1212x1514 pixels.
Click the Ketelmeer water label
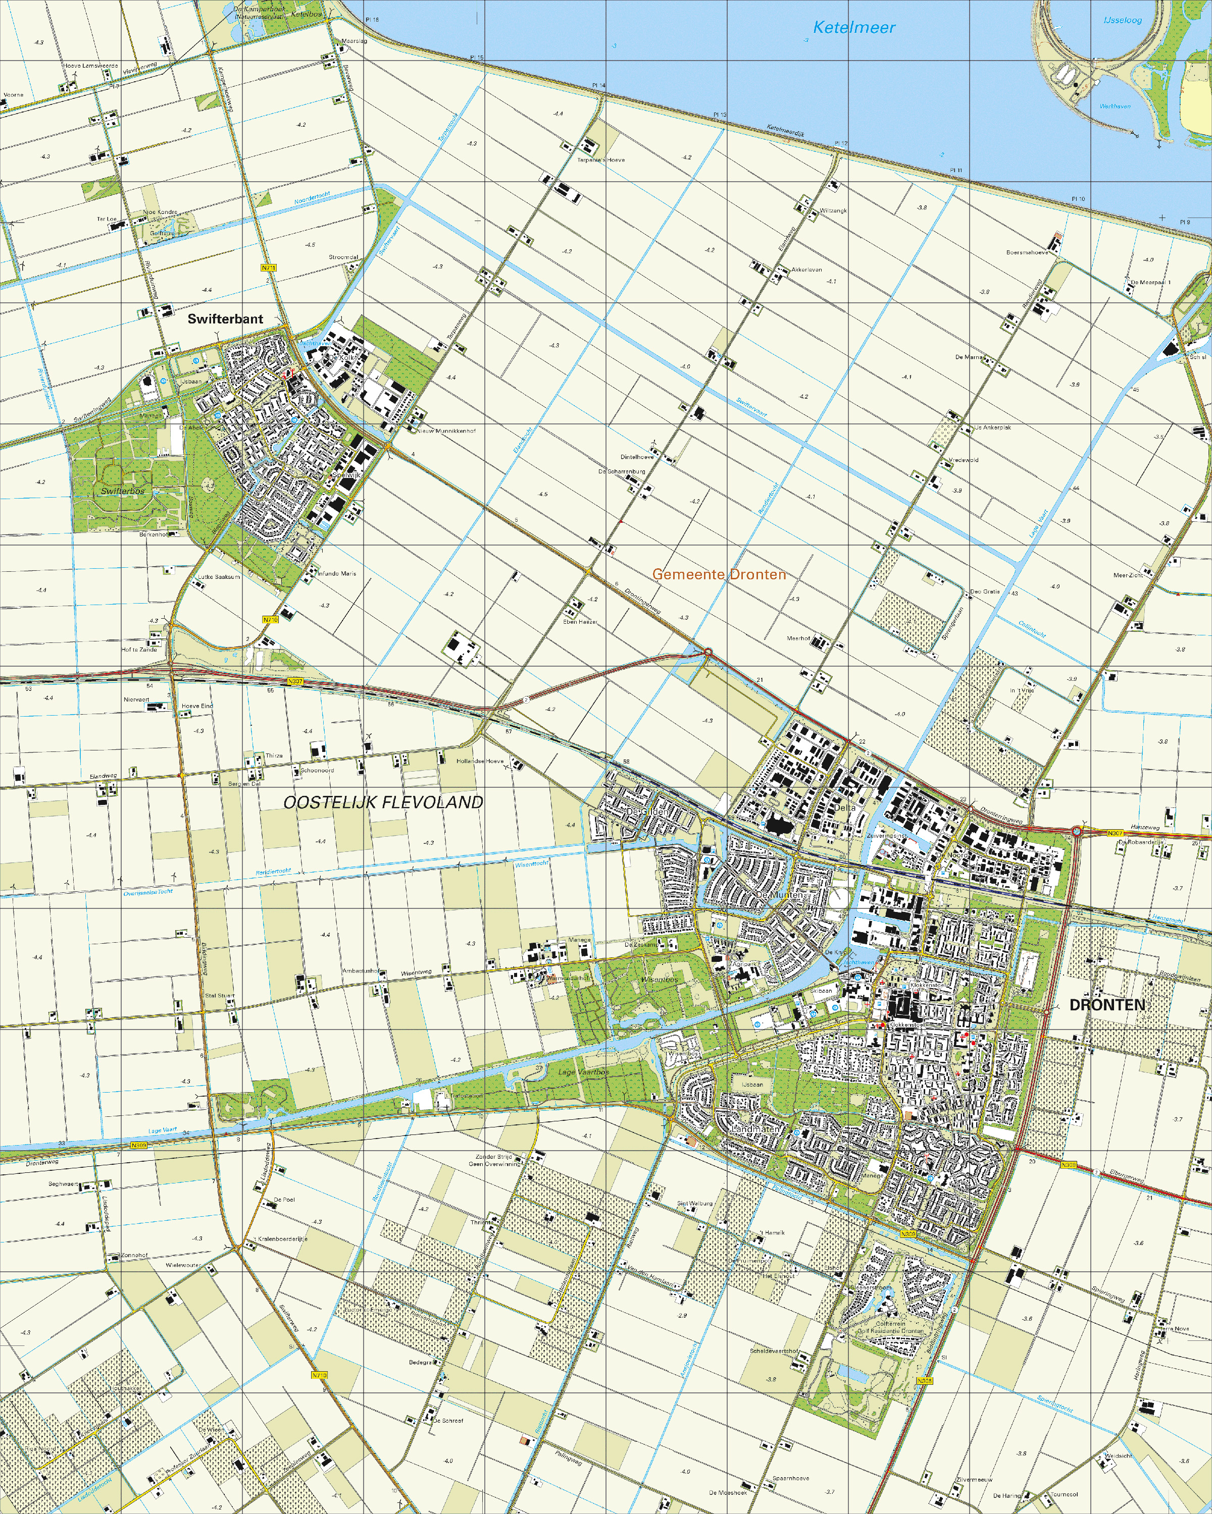pos(853,28)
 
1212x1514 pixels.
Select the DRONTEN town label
pos(1106,1005)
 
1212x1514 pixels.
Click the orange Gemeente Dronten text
pos(719,574)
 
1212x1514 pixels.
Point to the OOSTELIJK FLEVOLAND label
pos(383,802)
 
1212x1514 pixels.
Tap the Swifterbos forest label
pos(122,491)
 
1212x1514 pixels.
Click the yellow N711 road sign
pos(268,267)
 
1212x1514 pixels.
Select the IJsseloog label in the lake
pos(1122,20)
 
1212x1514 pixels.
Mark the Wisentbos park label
pos(659,979)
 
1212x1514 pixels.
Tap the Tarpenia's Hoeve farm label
pos(601,160)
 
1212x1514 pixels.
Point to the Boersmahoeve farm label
pos(1027,252)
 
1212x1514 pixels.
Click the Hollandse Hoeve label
pos(480,761)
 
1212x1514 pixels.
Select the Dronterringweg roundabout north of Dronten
pos(708,653)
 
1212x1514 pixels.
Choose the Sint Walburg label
pos(694,1203)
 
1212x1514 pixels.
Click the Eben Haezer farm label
pos(580,621)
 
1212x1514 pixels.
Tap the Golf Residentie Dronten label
pos(890,1331)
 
